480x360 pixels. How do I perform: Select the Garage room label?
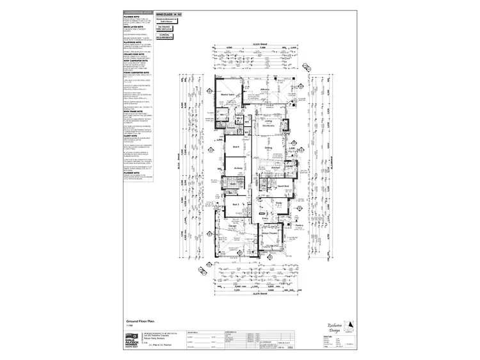pyautogui.click(x=232, y=225)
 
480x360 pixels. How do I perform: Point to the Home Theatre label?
pyautogui.click(x=269, y=234)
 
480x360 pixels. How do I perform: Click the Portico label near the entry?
pyautogui.click(x=298, y=225)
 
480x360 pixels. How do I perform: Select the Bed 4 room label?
pyautogui.click(x=236, y=147)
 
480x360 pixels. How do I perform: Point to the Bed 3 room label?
pyautogui.click(x=236, y=204)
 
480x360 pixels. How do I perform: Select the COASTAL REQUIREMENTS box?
pyautogui.click(x=164, y=37)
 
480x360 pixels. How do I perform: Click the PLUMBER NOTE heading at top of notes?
pyautogui.click(x=132, y=17)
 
